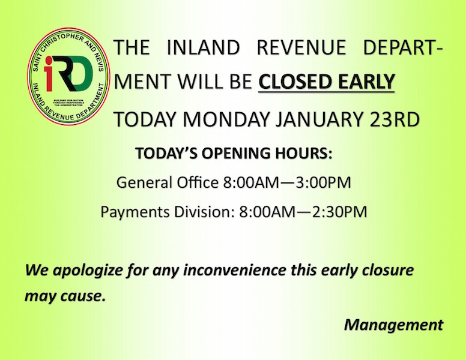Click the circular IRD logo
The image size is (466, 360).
68,76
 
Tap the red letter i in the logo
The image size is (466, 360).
49,73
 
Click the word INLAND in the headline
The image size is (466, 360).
203,47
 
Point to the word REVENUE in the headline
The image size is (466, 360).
301,47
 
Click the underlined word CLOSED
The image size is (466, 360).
292,82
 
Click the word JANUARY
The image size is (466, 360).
319,119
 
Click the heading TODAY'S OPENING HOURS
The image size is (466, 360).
234,153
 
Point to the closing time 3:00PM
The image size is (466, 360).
323,182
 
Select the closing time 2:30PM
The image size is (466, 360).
339,212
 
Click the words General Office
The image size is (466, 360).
168,182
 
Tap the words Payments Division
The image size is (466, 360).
166,212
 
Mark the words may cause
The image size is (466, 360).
65,296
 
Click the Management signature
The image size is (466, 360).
394,325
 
